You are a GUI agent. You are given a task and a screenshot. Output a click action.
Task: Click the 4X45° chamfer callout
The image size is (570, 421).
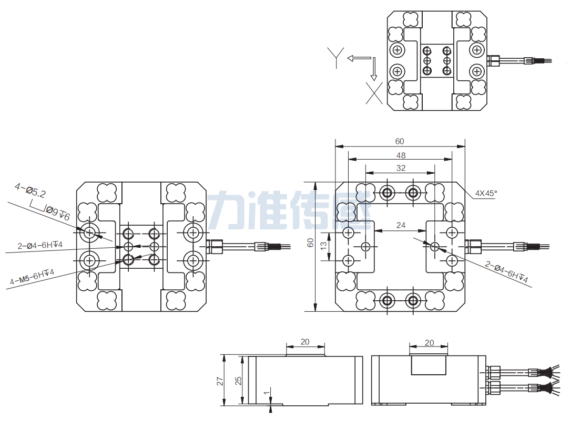[485, 193]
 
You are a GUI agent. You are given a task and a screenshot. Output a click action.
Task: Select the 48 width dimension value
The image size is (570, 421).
[401, 155]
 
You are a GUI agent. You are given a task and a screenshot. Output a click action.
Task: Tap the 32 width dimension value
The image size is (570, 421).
[401, 168]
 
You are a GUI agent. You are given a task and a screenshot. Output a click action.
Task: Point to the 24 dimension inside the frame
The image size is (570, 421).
[401, 225]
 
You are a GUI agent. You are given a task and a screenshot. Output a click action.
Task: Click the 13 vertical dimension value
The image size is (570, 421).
[324, 244]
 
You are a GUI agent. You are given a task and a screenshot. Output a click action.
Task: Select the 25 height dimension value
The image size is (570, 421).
[238, 381]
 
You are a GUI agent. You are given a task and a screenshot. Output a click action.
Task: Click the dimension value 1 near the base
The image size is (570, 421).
[266, 393]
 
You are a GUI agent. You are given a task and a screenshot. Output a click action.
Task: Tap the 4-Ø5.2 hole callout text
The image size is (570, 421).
[30, 190]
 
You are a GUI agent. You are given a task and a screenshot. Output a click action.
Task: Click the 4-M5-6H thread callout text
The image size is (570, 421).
[32, 277]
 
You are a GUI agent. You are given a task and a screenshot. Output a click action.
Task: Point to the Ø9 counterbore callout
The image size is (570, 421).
[58, 213]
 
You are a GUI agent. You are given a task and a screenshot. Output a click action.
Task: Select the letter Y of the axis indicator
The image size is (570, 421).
[335, 57]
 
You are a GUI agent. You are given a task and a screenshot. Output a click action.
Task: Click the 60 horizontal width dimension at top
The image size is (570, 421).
[400, 141]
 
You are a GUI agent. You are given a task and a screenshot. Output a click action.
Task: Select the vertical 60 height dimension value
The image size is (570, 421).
[310, 243]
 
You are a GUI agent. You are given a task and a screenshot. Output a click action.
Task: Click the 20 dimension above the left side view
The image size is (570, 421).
[305, 342]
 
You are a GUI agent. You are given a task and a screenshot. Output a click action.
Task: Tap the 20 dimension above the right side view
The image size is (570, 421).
[429, 342]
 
